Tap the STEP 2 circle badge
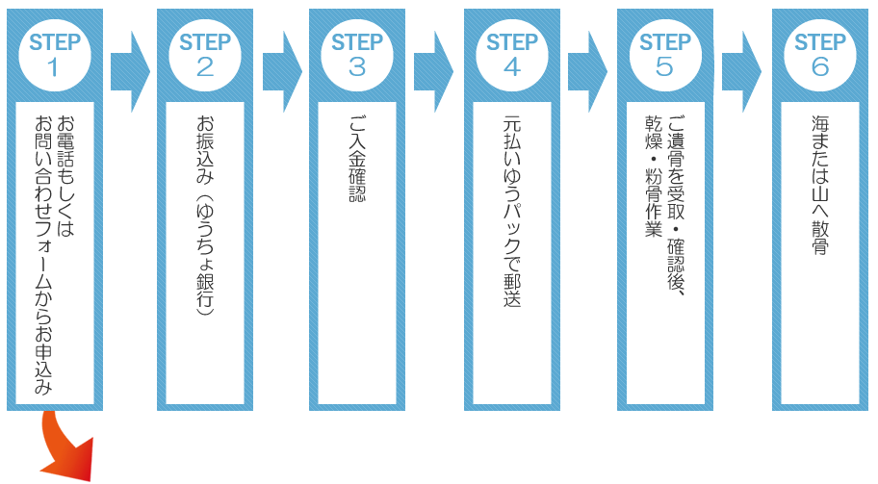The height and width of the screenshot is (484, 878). pos(205,54)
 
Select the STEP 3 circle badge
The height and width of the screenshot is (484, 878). pos(357,54)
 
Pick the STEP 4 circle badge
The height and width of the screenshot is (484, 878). pos(511,54)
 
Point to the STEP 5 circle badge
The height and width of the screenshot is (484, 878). pos(665,54)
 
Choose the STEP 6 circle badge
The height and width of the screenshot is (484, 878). pos(819,54)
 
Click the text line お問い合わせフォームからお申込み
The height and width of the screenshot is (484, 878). pos(43,255)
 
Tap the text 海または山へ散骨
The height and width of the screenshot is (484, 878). pos(819,184)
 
